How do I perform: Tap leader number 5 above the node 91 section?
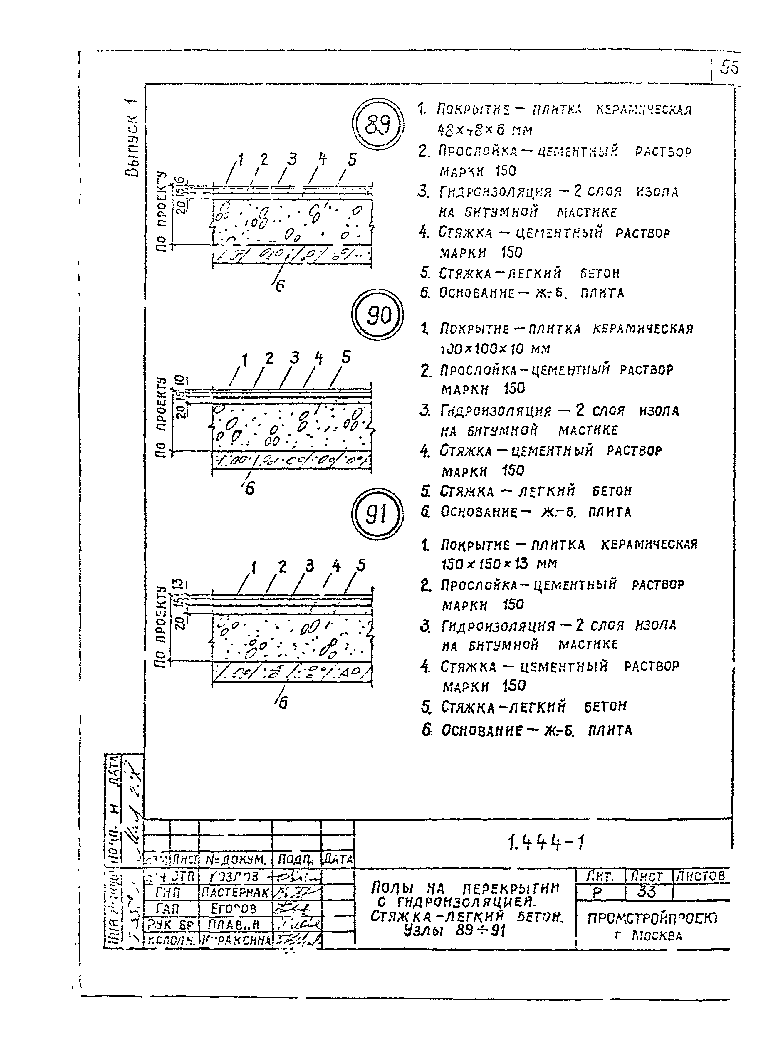(361, 565)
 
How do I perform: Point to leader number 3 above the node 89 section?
(291, 159)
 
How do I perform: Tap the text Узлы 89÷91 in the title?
(454, 931)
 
